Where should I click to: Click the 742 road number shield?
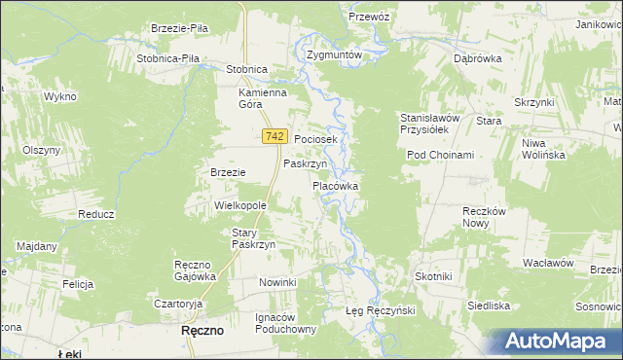273,139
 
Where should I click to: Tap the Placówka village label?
336,185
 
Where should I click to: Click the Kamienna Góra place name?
263,99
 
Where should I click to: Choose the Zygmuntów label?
334,55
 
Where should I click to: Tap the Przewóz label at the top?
369,17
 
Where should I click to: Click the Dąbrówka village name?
477,58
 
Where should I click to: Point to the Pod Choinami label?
440,156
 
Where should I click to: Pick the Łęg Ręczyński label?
381,310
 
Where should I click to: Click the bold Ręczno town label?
203,331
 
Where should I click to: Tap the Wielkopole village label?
240,206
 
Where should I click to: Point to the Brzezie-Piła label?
181,29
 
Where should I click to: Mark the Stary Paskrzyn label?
254,238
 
